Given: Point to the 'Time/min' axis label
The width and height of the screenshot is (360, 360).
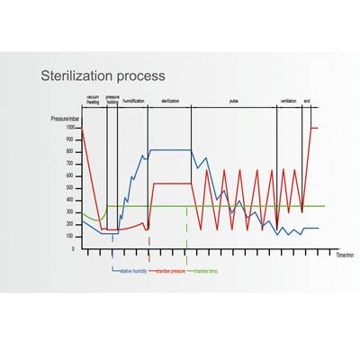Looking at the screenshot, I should (x=345, y=256).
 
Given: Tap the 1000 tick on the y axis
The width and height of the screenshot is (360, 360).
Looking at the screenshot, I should (x=70, y=128).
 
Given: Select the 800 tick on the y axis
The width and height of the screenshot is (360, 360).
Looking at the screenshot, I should (x=71, y=152).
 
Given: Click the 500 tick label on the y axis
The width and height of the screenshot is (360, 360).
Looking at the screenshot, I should (x=71, y=188).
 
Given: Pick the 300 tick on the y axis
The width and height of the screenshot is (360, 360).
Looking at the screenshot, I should (x=71, y=212).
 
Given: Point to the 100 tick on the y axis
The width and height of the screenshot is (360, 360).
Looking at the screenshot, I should (x=71, y=237).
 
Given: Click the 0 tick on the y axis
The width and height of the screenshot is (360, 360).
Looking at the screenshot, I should (x=74, y=248).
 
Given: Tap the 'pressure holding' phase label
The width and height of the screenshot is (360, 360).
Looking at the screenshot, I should (x=112, y=101).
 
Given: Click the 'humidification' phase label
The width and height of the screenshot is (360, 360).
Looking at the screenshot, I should (x=133, y=101).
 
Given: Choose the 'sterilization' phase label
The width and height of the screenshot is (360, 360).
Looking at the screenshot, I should (x=171, y=101).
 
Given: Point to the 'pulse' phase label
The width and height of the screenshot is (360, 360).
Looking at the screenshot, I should (x=234, y=101).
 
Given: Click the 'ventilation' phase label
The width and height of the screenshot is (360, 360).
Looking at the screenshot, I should (x=289, y=101).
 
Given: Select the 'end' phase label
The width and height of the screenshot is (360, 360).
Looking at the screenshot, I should (x=307, y=101).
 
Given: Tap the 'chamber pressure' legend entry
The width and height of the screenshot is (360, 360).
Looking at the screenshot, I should (x=170, y=269).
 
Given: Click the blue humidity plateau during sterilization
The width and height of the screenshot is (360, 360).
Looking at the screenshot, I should (x=171, y=149).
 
